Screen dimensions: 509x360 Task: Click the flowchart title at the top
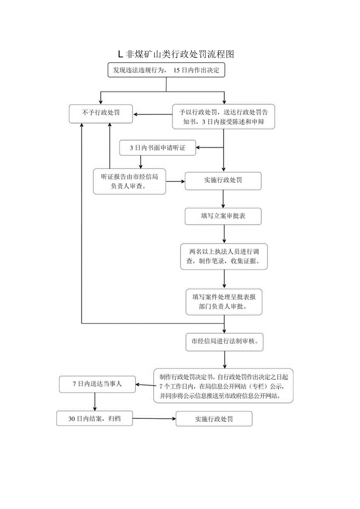(176, 54)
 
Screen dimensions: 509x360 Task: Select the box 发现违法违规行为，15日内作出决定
(166, 70)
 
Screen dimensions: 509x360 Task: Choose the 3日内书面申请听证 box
(157, 147)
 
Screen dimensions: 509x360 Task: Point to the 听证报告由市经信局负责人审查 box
(129, 181)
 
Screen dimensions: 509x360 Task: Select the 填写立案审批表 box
(223, 216)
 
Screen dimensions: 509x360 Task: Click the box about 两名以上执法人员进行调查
(224, 257)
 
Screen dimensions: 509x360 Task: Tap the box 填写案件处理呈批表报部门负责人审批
(223, 302)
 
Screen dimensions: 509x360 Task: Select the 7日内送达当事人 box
(97, 384)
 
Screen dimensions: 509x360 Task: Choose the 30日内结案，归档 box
(95, 418)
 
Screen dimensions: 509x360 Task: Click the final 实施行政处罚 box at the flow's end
(214, 419)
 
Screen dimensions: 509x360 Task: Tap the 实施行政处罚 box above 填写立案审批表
(223, 181)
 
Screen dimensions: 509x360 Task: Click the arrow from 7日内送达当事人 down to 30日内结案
(95, 401)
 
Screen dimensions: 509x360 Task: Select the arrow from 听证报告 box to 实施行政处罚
(175, 181)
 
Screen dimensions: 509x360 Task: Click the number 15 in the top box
(176, 70)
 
